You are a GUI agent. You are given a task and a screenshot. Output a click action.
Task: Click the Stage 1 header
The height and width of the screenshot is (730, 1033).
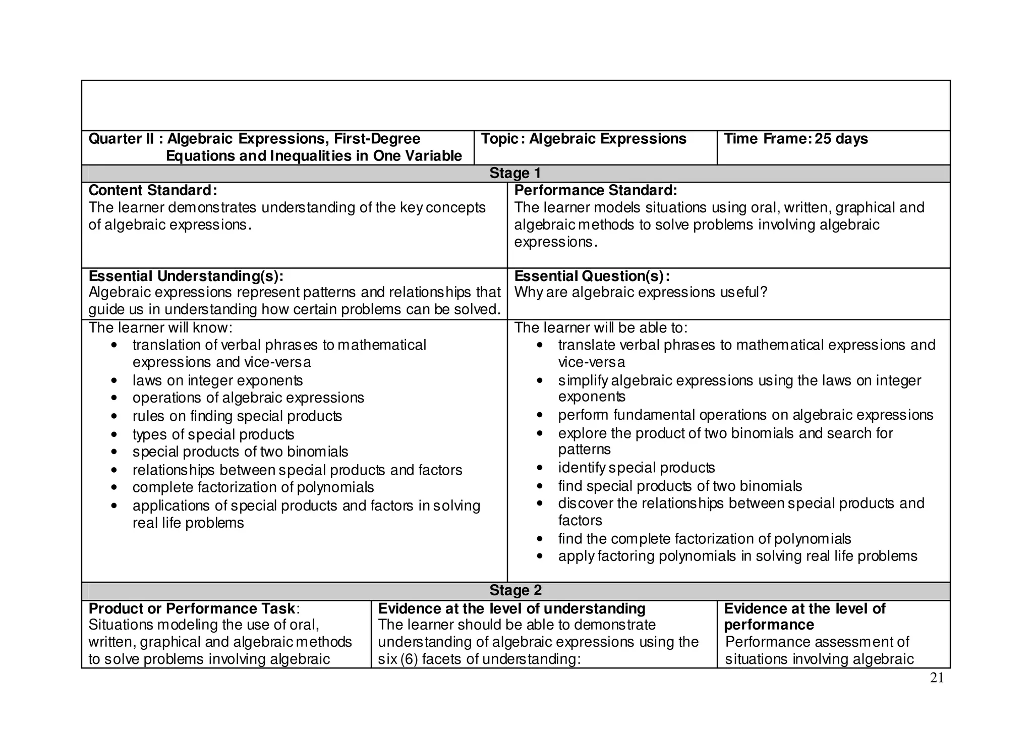click(515, 173)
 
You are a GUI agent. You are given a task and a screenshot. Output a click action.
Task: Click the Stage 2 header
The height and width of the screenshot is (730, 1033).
click(515, 590)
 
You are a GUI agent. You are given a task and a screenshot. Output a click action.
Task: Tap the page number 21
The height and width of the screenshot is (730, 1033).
click(936, 679)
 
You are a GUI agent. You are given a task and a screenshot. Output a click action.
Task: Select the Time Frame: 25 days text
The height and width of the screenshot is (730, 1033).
click(795, 139)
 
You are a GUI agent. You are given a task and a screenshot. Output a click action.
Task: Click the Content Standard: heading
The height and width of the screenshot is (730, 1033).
click(152, 190)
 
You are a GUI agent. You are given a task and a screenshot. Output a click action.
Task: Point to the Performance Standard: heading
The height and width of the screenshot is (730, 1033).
click(595, 190)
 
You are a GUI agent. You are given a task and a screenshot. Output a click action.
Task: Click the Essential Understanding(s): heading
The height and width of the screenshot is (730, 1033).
click(186, 276)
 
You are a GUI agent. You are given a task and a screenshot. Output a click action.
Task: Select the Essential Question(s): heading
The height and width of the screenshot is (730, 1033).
click(592, 276)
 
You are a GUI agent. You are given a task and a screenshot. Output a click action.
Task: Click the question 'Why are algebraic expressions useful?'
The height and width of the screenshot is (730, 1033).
click(640, 292)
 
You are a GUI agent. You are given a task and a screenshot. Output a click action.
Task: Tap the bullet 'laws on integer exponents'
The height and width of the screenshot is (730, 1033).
click(217, 380)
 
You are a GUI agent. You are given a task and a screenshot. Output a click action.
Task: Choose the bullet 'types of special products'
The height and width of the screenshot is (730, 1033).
click(213, 434)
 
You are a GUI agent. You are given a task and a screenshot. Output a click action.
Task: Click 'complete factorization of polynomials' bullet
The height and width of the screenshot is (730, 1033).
click(253, 487)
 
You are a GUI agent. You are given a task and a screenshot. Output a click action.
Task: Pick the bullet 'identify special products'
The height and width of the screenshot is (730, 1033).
click(636, 468)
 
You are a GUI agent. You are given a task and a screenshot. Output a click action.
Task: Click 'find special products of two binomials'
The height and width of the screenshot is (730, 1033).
click(679, 486)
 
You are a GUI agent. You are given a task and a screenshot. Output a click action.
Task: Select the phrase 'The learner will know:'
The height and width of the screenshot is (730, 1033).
click(160, 328)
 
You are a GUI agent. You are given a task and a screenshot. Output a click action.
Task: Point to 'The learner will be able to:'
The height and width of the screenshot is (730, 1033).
click(600, 328)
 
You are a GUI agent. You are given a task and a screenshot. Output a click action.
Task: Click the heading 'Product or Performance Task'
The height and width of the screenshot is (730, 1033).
click(192, 608)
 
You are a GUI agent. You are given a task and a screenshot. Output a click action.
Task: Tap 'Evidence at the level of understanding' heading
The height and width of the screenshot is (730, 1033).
click(511, 608)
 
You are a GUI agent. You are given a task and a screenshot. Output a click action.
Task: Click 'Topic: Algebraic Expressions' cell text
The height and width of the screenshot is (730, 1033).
click(583, 139)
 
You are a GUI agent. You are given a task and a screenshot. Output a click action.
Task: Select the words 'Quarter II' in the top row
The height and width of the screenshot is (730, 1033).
click(121, 139)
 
